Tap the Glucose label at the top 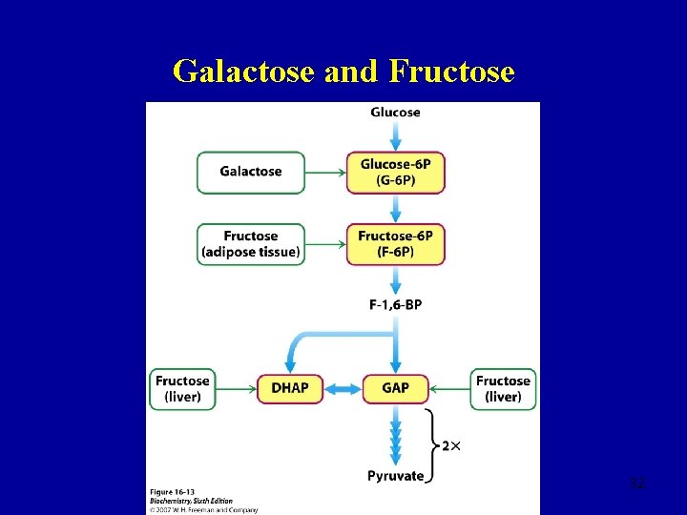click(x=395, y=113)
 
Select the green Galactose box click(x=251, y=172)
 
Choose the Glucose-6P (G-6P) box click(x=395, y=173)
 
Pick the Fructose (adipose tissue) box click(x=251, y=244)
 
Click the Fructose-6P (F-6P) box click(x=395, y=244)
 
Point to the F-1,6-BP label click(x=395, y=304)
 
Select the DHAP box click(x=290, y=388)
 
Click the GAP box click(x=395, y=388)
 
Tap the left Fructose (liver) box click(x=182, y=388)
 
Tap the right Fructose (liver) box click(x=503, y=388)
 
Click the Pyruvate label click(x=395, y=475)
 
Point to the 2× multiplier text click(x=451, y=445)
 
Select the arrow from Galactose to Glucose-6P click(x=325, y=173)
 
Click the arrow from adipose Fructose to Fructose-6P click(x=325, y=244)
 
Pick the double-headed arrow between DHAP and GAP click(x=343, y=388)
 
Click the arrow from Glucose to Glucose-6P click(x=395, y=135)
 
